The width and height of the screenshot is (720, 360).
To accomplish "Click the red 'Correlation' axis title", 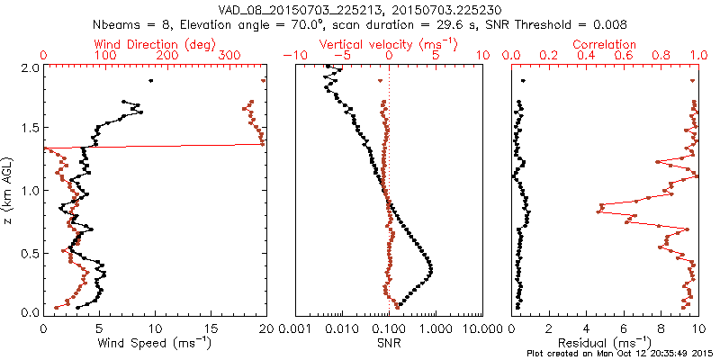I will pyautogui.click(x=605, y=44).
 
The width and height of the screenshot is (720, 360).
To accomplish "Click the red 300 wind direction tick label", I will pyautogui.click(x=230, y=56).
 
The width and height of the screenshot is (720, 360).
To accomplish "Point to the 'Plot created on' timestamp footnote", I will pyautogui.click(x=620, y=353).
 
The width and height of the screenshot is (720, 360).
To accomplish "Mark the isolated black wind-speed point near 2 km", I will pyautogui.click(x=150, y=81).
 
